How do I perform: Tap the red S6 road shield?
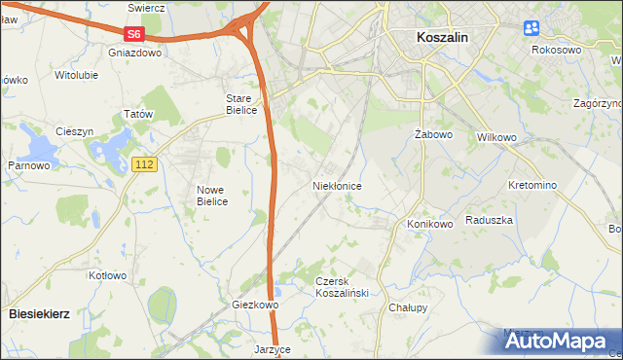pyautogui.click(x=134, y=34)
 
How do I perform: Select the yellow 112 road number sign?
pyautogui.click(x=144, y=165)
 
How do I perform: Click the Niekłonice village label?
pyautogui.click(x=338, y=185)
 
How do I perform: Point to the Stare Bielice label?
pyautogui.click(x=241, y=104)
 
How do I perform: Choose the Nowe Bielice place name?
pyautogui.click(x=212, y=196)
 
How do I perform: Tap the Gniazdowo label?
pyautogui.click(x=134, y=54)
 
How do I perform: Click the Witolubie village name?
pyautogui.click(x=80, y=75)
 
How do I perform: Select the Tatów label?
pyautogui.click(x=139, y=114)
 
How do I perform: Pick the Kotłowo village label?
pyautogui.click(x=108, y=275)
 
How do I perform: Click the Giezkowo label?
pyautogui.click(x=255, y=305)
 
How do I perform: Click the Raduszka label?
pyautogui.click(x=489, y=221)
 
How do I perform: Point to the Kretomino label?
pyautogui.click(x=532, y=185)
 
